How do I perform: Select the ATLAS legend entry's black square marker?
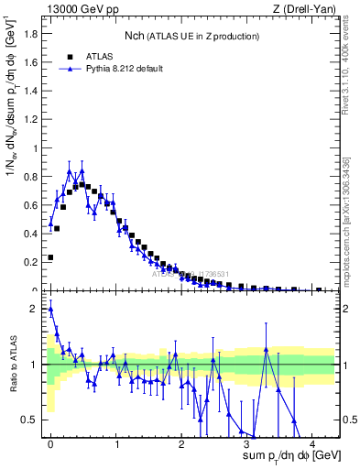pos(71,56)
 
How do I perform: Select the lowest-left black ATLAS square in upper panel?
pos(50,257)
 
